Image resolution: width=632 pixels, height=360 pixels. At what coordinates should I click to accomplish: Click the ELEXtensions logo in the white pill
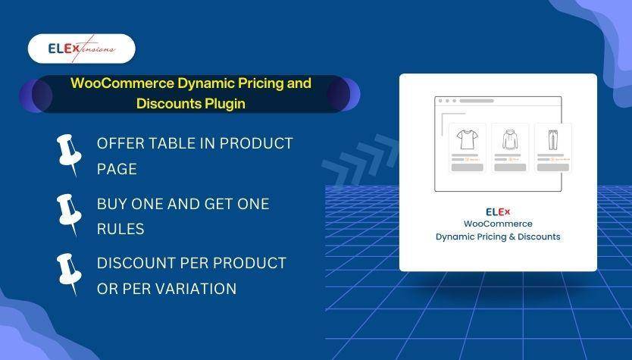pyautogui.click(x=81, y=49)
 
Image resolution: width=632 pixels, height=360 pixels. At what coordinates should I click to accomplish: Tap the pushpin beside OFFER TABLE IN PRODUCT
pyautogui.click(x=69, y=155)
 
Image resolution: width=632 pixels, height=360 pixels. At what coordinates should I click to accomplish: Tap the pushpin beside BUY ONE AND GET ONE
pyautogui.click(x=69, y=214)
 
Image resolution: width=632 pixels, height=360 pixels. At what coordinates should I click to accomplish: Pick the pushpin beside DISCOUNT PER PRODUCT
pyautogui.click(x=69, y=274)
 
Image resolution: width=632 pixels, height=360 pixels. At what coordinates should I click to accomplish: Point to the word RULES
pyautogui.click(x=120, y=228)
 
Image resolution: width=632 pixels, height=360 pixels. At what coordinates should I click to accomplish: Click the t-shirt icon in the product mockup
pyautogui.click(x=466, y=139)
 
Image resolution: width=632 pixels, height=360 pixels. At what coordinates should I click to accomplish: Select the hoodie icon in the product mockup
pyautogui.click(x=508, y=139)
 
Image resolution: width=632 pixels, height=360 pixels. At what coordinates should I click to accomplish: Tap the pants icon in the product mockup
pyautogui.click(x=551, y=139)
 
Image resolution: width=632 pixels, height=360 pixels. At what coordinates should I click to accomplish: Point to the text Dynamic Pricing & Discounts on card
pyautogui.click(x=498, y=236)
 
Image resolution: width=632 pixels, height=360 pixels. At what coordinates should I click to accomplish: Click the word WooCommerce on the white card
pyautogui.click(x=498, y=224)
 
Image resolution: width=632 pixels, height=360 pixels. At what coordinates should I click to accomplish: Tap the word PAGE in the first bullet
pyautogui.click(x=117, y=168)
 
